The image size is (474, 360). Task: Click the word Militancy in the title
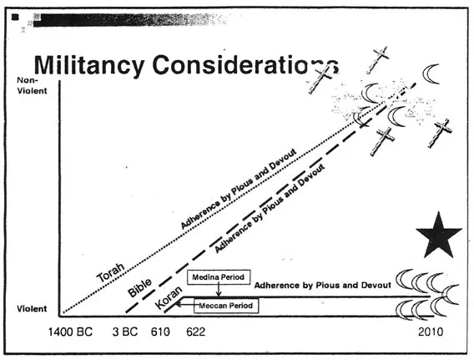[x=88, y=66]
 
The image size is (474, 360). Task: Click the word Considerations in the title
[x=245, y=65]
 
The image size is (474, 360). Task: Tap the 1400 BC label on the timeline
[x=70, y=332]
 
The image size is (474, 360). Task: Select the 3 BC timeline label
[x=125, y=332]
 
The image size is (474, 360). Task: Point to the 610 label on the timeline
[x=160, y=332]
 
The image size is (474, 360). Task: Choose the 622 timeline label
[x=195, y=332]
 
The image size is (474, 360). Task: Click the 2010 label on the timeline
[x=431, y=332]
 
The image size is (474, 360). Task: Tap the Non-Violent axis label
[x=32, y=85]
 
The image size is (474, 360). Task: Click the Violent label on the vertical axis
[x=32, y=308]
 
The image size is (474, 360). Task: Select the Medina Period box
[x=219, y=277]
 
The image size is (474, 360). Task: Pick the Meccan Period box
[x=226, y=306]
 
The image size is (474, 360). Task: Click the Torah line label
[x=111, y=271]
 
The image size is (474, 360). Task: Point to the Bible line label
[x=139, y=287]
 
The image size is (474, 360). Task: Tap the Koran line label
[x=169, y=297]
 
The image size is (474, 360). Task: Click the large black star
[x=439, y=235]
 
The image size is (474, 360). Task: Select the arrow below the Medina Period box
[x=219, y=291]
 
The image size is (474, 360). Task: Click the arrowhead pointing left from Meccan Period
[x=179, y=303]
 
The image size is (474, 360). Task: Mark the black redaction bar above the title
[x=130, y=20]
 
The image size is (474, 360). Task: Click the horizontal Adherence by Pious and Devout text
[x=323, y=286]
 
